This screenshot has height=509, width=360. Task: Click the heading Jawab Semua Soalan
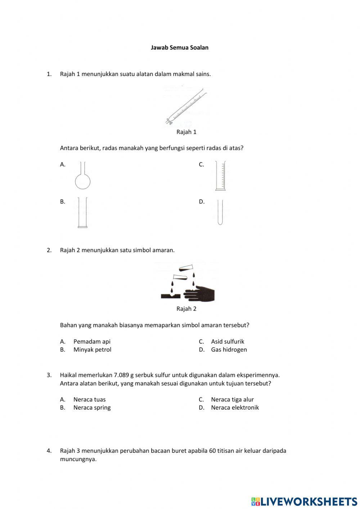tap(179, 48)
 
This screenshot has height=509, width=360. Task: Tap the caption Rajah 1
tap(186, 132)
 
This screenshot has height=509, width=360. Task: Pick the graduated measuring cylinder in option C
tap(220, 176)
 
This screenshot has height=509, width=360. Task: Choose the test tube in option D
tap(220, 213)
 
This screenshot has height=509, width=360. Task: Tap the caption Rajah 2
tap(186, 309)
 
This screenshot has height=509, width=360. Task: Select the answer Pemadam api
tap(92, 341)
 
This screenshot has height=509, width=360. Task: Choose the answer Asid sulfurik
tap(228, 341)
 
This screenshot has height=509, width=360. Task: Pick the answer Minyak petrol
tap(92, 349)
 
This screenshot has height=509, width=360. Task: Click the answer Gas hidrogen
tap(229, 349)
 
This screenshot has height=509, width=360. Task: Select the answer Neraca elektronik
tap(235, 407)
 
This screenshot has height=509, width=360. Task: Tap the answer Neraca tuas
tap(89, 399)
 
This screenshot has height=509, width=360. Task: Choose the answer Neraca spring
tap(92, 407)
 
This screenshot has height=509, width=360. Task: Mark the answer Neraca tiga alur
tap(232, 399)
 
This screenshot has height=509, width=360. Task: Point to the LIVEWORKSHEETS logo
tap(304, 501)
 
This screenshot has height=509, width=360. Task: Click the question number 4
tap(49, 451)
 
